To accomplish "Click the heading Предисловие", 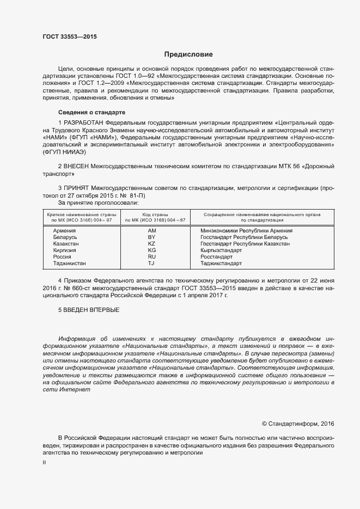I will (189, 54).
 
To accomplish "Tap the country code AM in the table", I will (151, 231).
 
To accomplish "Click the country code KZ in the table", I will (151, 243).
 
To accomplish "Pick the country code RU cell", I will (151, 256).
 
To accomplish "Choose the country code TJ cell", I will (151, 263).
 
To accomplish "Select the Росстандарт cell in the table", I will (216, 256).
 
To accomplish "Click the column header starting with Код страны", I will (155, 217).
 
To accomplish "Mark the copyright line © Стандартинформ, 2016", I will (298, 424).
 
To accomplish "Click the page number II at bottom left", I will (45, 462).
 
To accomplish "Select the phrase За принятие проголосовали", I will (94, 202).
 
